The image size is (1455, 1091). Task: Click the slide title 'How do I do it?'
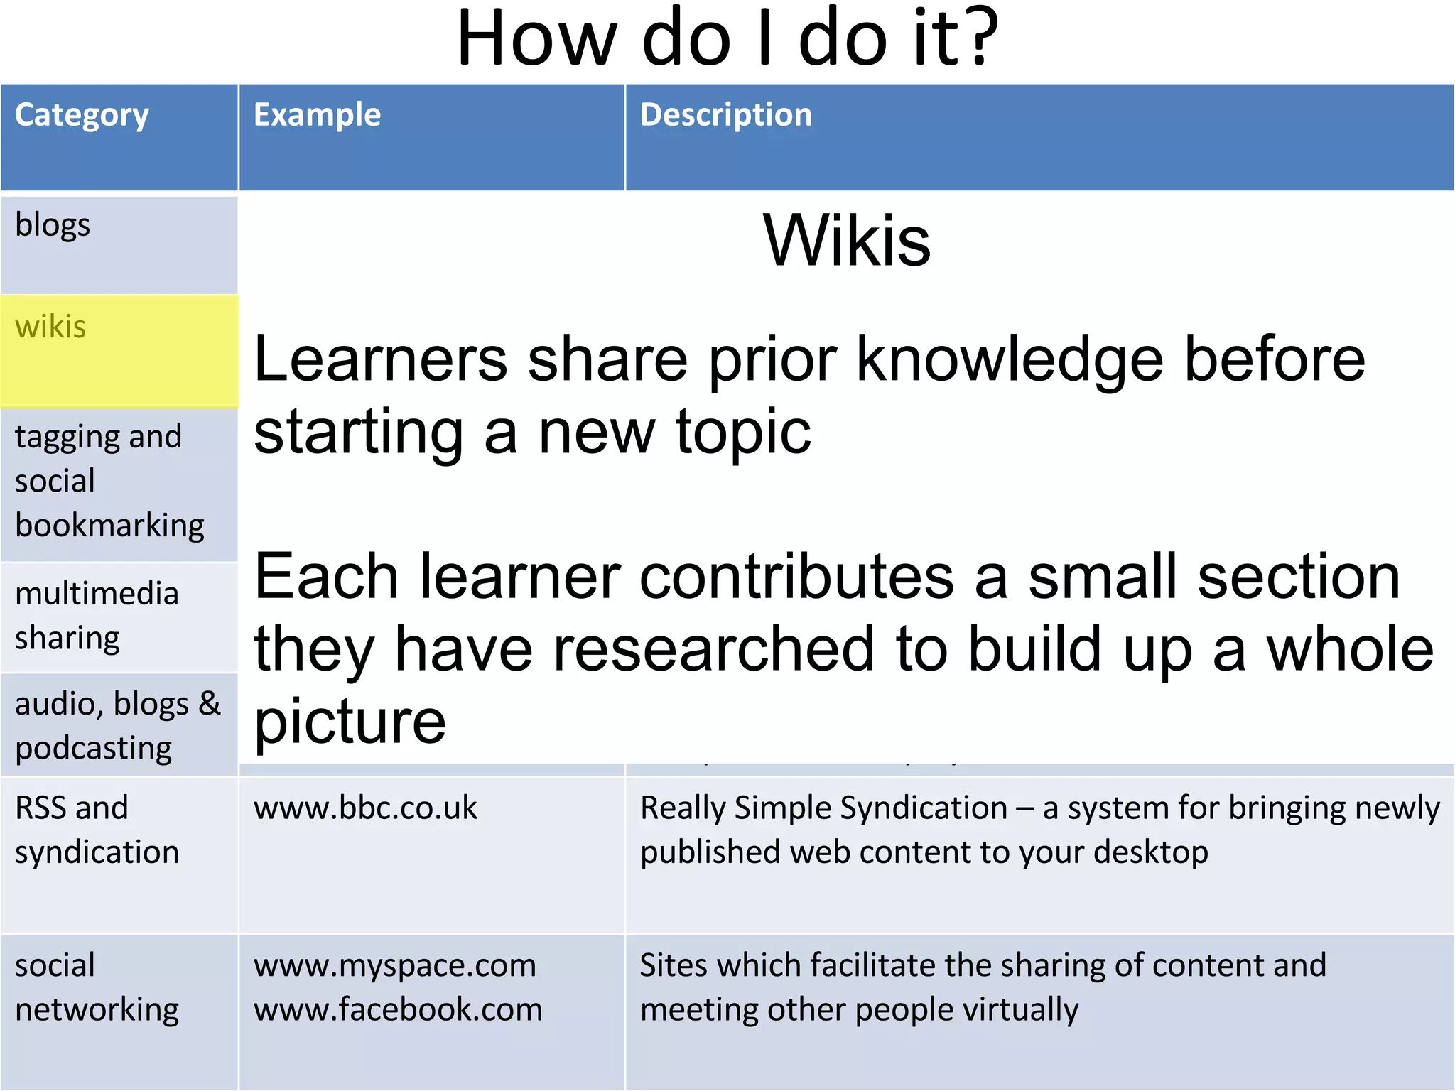click(x=727, y=39)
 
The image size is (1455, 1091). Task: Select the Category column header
click(x=82, y=116)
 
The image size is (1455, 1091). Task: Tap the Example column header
click(x=317, y=115)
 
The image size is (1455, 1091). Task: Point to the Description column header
click(x=725, y=115)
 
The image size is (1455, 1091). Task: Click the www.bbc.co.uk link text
click(x=365, y=808)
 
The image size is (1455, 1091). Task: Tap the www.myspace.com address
click(x=394, y=966)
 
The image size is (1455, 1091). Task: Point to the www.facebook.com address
click(x=398, y=1010)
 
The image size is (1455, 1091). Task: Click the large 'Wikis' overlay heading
click(x=846, y=241)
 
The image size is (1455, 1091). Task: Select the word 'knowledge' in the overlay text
click(x=1010, y=361)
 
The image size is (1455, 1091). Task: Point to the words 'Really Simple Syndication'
click(x=823, y=808)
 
